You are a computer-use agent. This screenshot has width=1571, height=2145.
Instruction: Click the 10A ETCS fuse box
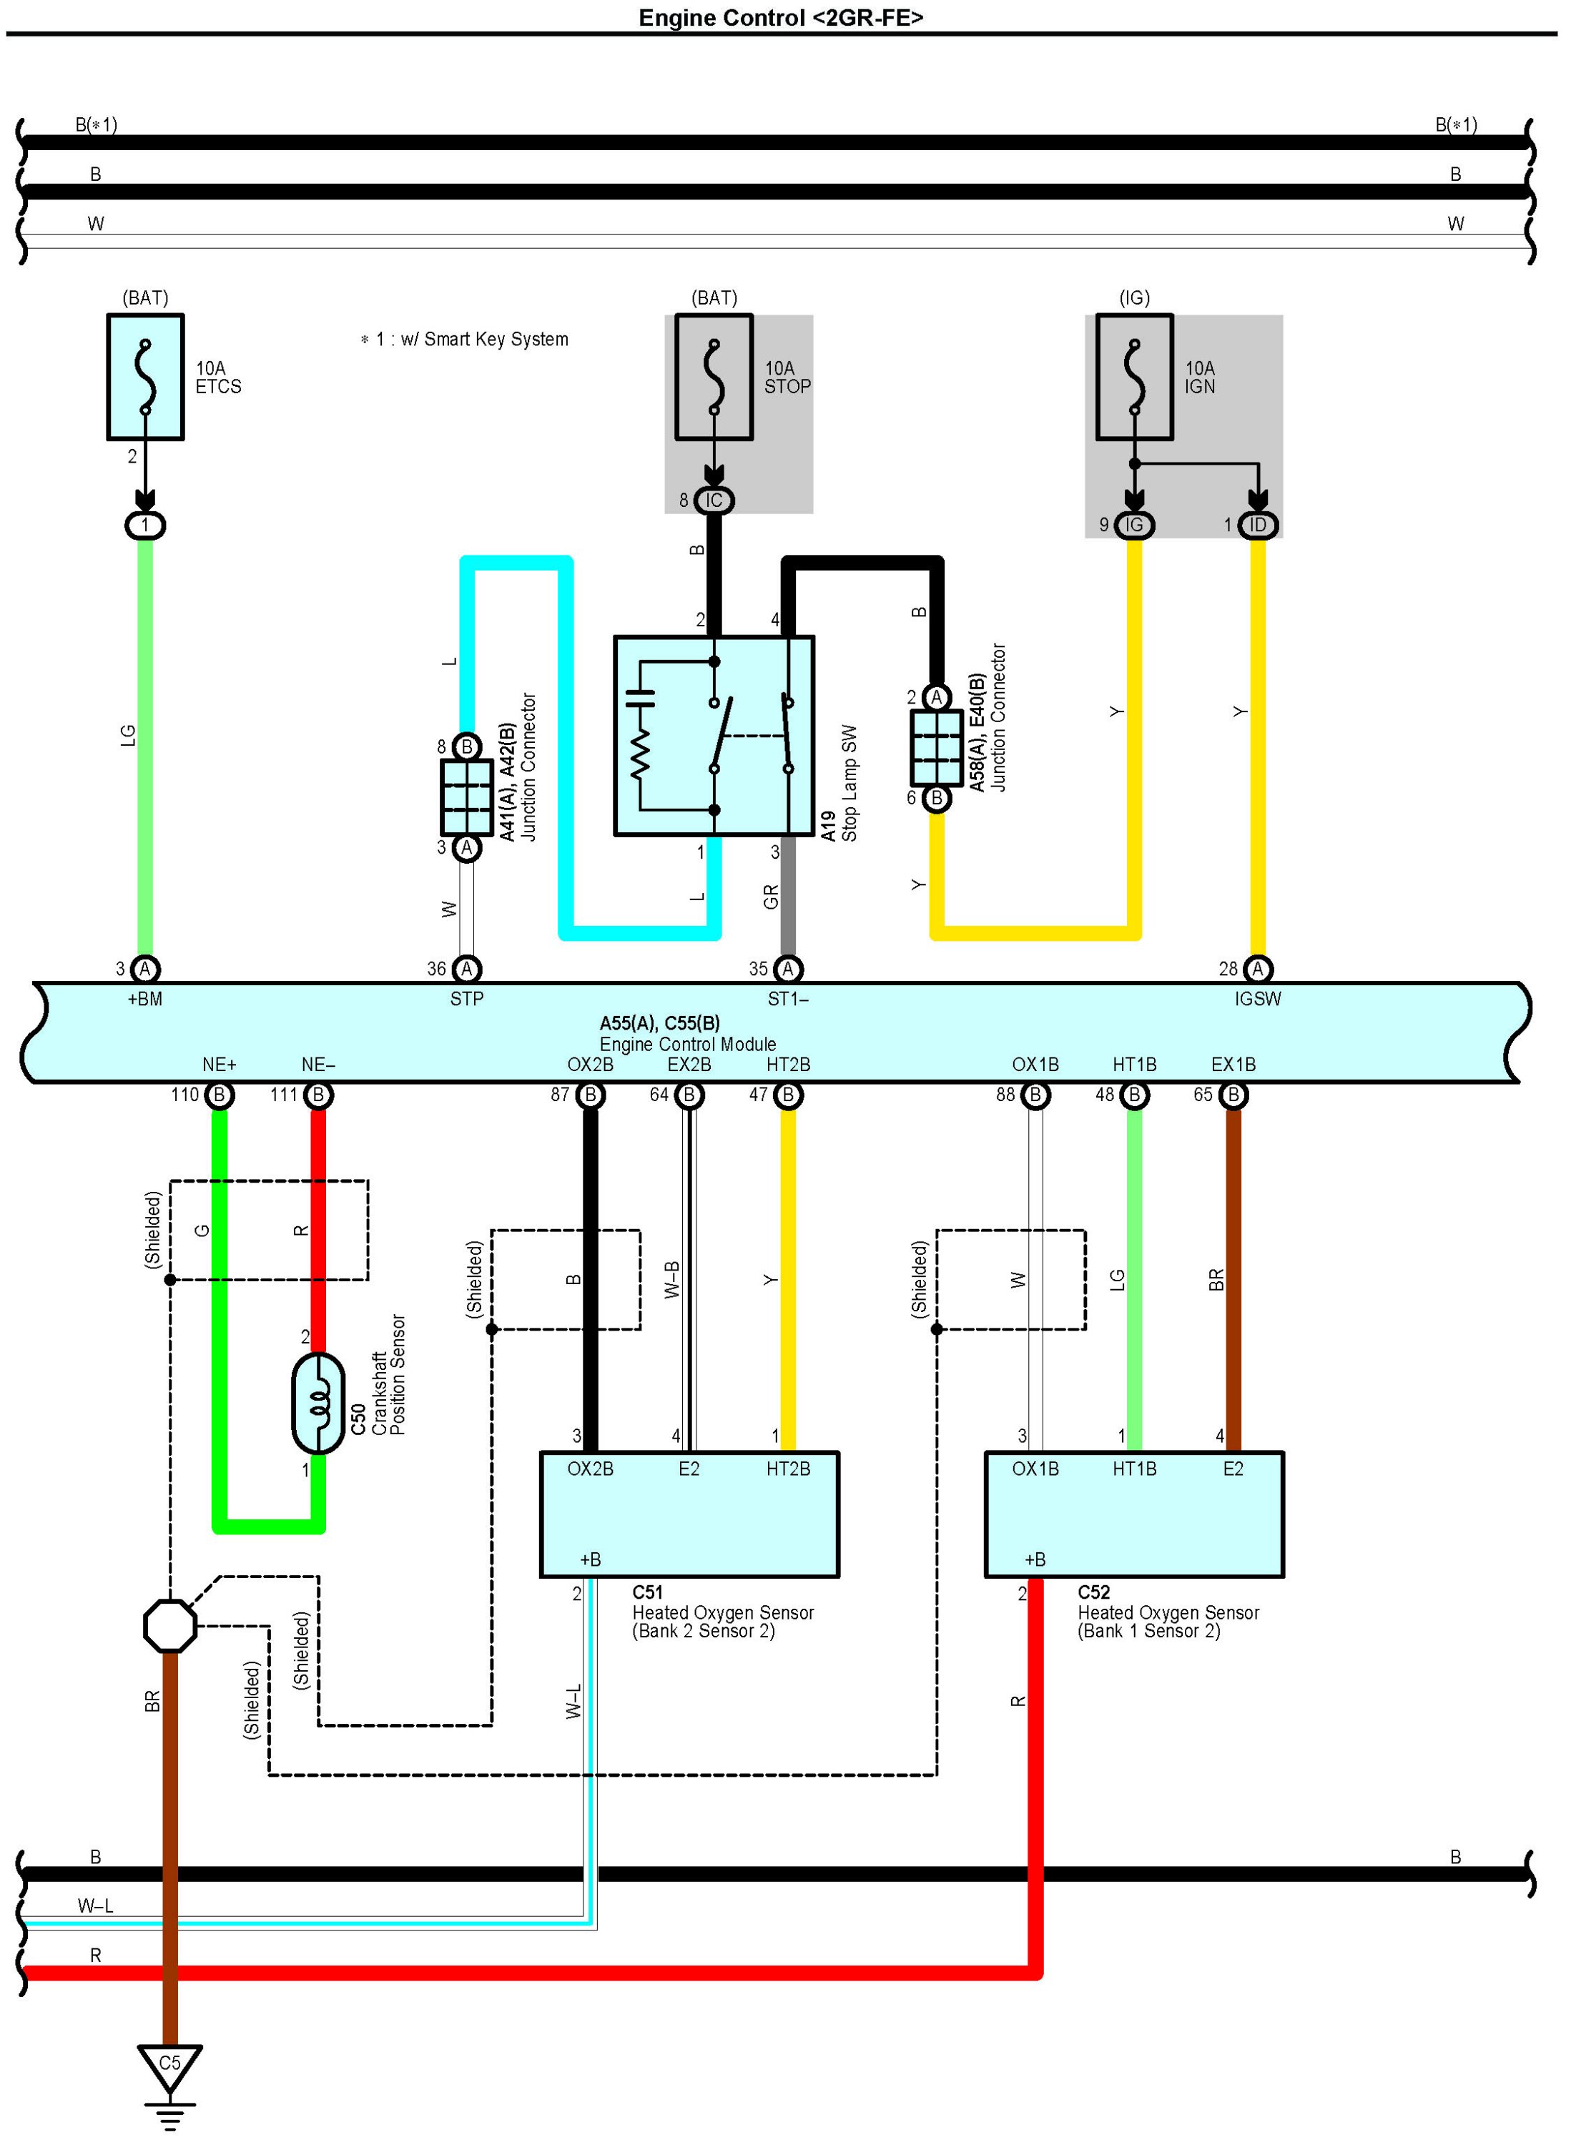144,377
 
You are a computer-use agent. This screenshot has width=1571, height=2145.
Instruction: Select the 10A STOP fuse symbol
713,377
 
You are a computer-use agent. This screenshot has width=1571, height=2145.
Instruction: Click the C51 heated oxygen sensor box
689,1514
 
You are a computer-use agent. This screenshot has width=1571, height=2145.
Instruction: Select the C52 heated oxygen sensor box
1133,1514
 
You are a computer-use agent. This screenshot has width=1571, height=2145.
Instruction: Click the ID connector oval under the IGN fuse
1257,525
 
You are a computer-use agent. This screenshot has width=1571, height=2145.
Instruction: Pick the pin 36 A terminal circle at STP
466,969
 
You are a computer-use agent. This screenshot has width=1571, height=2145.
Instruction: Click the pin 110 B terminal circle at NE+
219,1095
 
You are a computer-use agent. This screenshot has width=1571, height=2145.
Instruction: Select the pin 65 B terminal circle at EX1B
1233,1095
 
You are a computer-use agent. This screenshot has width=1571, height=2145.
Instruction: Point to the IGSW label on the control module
1257,998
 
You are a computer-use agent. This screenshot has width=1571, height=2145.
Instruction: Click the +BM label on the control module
144,998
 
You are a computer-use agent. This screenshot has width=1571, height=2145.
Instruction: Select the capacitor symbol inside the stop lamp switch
640,697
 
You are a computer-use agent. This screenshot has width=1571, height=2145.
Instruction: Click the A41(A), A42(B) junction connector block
466,797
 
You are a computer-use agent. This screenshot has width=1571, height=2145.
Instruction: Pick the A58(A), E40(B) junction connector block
936,747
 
